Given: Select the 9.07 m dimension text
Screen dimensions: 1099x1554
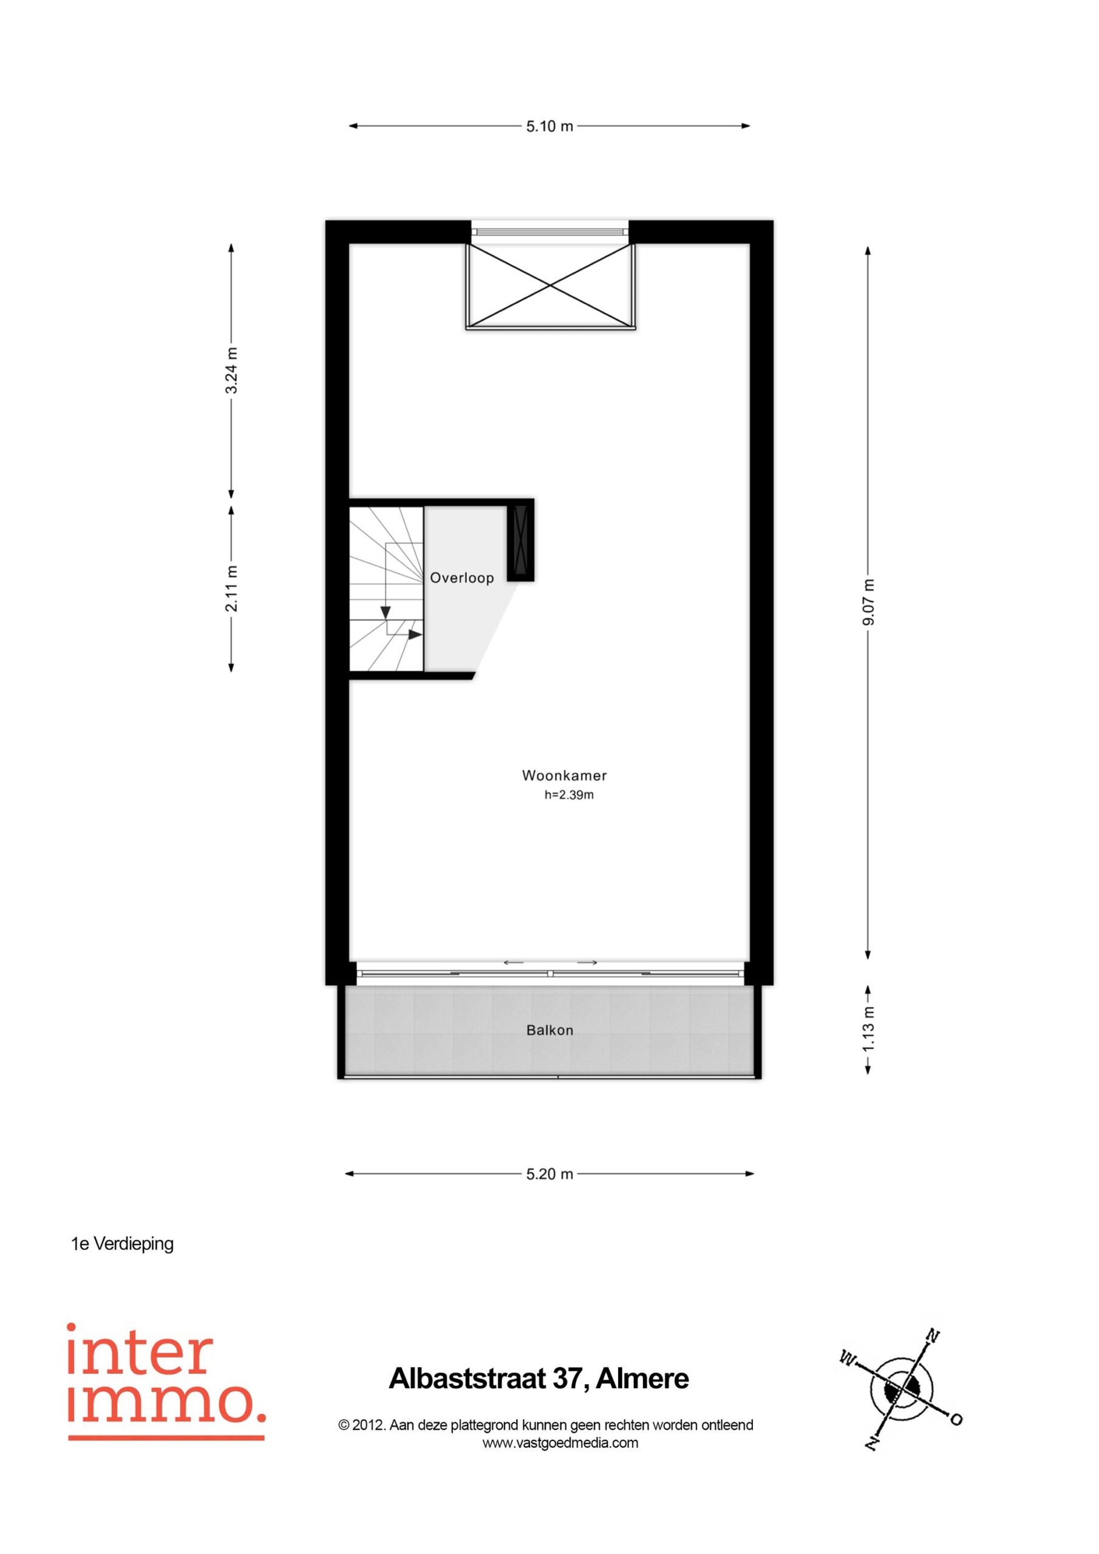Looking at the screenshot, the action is click(869, 602).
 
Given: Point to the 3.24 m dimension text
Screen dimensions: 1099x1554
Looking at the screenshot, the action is click(231, 370).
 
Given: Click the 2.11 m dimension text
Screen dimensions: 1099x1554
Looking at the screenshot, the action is click(231, 588).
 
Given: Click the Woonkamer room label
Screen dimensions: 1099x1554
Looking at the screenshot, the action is click(564, 776).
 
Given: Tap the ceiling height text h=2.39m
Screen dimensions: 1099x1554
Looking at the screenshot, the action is click(569, 795).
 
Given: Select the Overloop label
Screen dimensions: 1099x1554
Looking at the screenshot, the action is click(462, 578).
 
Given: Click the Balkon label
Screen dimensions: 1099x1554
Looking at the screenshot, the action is click(550, 1030).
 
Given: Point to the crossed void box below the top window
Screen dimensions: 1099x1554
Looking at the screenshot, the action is click(551, 287).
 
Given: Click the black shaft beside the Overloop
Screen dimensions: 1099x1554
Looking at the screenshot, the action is click(521, 540).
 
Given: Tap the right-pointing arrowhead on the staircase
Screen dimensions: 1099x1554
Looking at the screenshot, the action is click(415, 634).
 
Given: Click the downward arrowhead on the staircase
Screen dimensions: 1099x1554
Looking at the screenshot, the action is click(386, 612).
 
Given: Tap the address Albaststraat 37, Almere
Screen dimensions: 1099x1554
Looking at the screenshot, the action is click(539, 1379).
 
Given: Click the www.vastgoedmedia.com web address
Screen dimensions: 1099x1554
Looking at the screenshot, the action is click(560, 1442).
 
